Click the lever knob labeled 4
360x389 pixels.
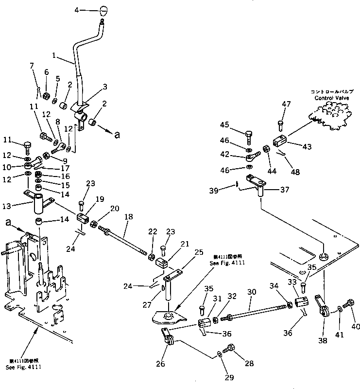pos(103,10)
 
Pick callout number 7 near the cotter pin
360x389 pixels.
pos(33,65)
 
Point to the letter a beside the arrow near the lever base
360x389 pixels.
pos(117,135)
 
